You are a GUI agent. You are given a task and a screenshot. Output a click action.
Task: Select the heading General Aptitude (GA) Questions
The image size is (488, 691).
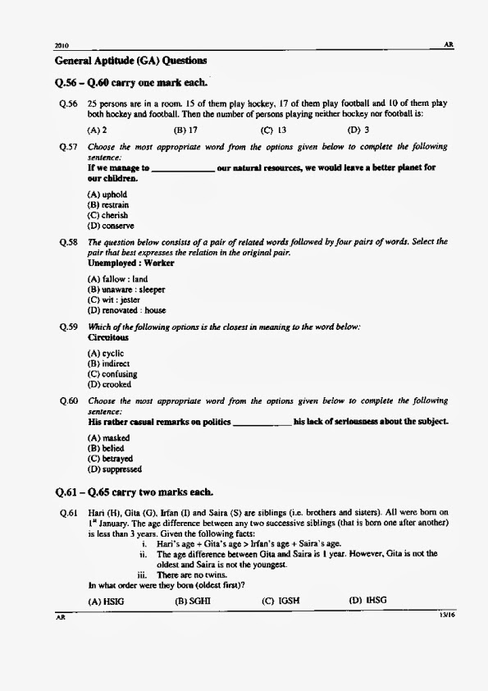[x=130, y=61]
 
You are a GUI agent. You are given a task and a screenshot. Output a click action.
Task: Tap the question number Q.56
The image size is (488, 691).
[x=68, y=103]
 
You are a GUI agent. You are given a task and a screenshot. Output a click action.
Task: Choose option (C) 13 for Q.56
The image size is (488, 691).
[x=273, y=130]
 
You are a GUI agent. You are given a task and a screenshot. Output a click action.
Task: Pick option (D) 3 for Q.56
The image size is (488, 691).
[x=358, y=130]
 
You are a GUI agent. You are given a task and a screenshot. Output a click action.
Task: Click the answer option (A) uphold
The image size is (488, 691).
[x=107, y=194]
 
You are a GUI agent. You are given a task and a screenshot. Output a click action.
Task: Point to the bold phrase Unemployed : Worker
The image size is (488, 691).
[x=130, y=263]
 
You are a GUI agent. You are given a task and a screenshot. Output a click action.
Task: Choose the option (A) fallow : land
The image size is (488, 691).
[x=117, y=280]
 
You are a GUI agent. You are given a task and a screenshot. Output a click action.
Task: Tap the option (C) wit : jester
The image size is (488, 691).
[x=114, y=300]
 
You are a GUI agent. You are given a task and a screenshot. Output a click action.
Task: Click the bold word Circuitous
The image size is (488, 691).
[x=108, y=337]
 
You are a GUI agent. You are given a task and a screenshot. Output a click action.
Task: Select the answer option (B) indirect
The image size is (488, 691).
[x=109, y=364]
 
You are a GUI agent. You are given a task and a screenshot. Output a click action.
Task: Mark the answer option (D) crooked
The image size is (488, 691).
[x=109, y=384]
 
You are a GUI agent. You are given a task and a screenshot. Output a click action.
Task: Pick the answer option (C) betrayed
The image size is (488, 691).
[x=110, y=459]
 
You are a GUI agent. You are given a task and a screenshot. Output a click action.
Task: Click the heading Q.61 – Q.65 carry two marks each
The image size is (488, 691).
[x=134, y=492]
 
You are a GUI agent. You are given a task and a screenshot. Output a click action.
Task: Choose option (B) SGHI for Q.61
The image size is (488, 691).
[x=193, y=601]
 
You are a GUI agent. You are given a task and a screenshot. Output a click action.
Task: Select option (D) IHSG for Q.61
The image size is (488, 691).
[x=367, y=601]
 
